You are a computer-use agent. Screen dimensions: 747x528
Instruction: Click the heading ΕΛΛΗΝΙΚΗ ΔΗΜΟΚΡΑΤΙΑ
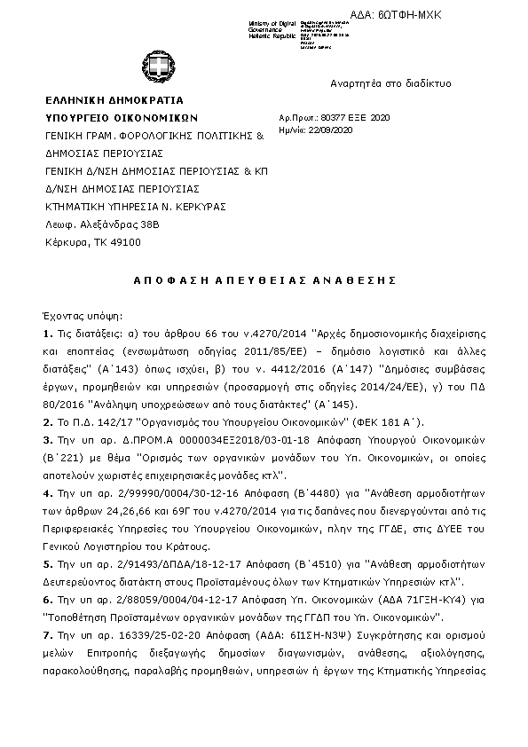(114, 101)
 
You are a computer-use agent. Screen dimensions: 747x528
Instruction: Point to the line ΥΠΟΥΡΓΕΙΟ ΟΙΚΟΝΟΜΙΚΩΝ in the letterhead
(122, 118)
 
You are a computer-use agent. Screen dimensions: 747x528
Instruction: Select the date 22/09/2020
(335, 130)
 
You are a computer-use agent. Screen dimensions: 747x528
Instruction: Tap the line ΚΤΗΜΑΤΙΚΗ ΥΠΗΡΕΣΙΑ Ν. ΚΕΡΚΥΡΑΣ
(136, 207)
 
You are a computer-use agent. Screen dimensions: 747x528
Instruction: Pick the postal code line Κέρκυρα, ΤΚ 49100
(93, 242)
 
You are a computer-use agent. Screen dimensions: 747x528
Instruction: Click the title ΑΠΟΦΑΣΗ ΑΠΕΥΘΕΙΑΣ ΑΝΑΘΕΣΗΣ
(264, 279)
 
